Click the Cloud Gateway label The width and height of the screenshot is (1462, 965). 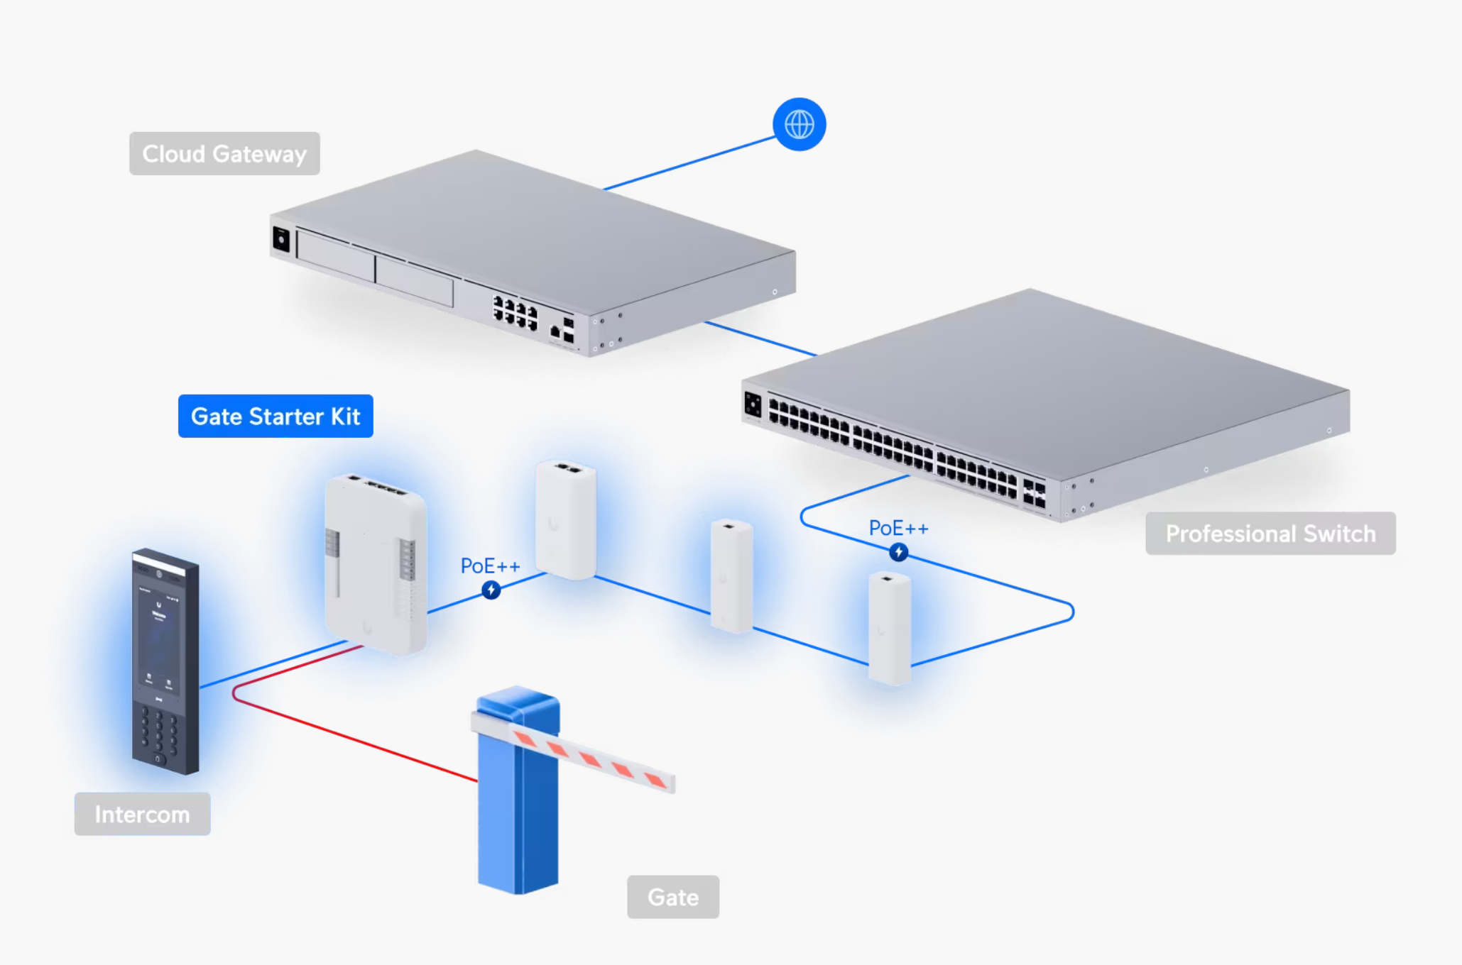[224, 153]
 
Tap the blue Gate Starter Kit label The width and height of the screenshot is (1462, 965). [276, 416]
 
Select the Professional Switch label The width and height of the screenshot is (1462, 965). [1270, 534]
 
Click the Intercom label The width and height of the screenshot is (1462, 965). [142, 814]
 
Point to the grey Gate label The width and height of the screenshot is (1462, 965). [672, 897]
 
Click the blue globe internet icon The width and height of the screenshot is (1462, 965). [799, 124]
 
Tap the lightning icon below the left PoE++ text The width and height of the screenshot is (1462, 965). [491, 590]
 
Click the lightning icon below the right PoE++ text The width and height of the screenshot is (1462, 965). [898, 552]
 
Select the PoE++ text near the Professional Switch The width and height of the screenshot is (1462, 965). [898, 528]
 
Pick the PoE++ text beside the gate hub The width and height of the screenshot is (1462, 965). [490, 566]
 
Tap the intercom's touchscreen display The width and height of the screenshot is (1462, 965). [159, 639]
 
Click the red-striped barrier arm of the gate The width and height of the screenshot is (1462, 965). [589, 758]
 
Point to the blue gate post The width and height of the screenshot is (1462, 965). [518, 816]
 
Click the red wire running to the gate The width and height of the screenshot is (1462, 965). [355, 738]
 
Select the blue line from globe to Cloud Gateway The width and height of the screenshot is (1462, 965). [689, 164]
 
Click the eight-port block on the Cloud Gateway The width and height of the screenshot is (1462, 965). [515, 313]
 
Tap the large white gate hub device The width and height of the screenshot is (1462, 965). [375, 564]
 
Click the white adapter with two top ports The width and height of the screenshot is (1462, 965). [566, 519]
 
